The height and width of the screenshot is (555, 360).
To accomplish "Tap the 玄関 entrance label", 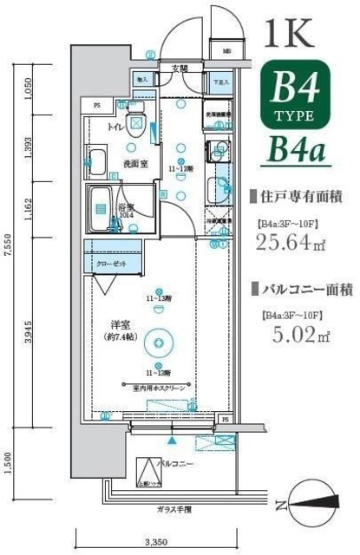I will tap(180, 68).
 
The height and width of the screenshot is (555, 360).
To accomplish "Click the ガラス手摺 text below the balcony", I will tap(174, 510).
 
